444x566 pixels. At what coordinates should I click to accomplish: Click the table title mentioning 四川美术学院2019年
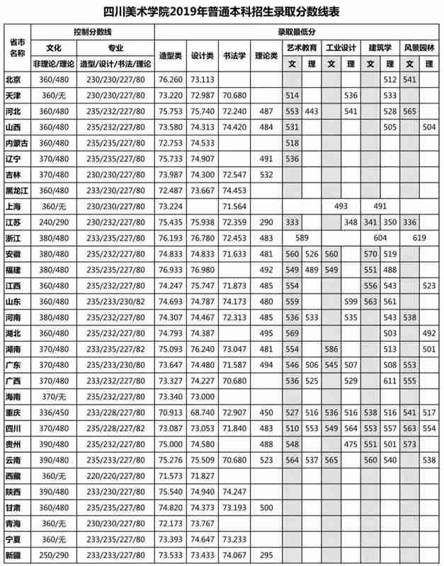coord(222,12)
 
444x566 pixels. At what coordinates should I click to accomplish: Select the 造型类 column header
coord(171,54)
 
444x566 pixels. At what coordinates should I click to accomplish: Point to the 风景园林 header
coord(419,48)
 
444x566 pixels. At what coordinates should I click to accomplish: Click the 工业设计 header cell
coord(340,48)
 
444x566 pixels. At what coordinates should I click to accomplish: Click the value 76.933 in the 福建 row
coord(171,270)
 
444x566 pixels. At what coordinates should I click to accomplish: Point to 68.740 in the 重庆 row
coord(203,412)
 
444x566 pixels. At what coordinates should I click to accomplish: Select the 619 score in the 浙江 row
coord(419,238)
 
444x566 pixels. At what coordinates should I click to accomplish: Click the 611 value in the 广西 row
coord(389,381)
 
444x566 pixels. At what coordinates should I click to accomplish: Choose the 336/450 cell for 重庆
coord(54,412)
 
